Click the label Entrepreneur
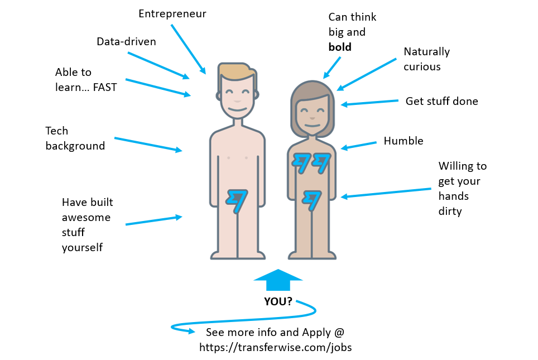pyautogui.click(x=172, y=13)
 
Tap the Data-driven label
pyautogui.click(x=126, y=42)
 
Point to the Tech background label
pyautogui.click(x=75, y=138)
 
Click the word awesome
pyautogui.click(x=86, y=217)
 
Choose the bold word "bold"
pyautogui.click(x=340, y=47)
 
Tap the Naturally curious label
pyautogui.click(x=426, y=59)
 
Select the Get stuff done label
pyautogui.click(x=441, y=101)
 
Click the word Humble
pyautogui.click(x=403, y=141)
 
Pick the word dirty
pyautogui.click(x=450, y=212)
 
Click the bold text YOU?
pyautogui.click(x=278, y=301)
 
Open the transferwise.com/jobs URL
pyautogui.click(x=276, y=347)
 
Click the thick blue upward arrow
pyautogui.click(x=278, y=280)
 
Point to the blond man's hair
pyautogui.click(x=237, y=70)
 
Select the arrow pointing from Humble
pyautogui.click(x=358, y=146)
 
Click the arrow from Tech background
pyautogui.click(x=148, y=144)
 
